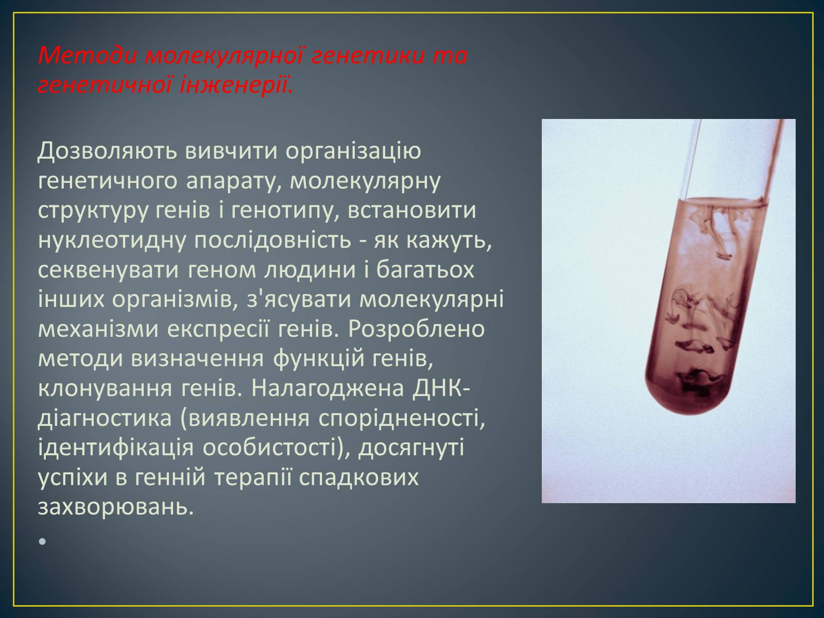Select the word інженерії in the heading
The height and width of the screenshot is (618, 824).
(x=236, y=85)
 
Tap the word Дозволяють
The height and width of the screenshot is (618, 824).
(x=107, y=151)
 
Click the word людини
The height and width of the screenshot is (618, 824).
(x=310, y=271)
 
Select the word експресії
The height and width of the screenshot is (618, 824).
(x=218, y=330)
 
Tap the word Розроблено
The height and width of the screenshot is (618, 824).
(x=416, y=330)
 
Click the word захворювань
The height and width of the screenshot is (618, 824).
(x=116, y=507)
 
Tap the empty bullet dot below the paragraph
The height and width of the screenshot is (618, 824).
(x=42, y=541)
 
